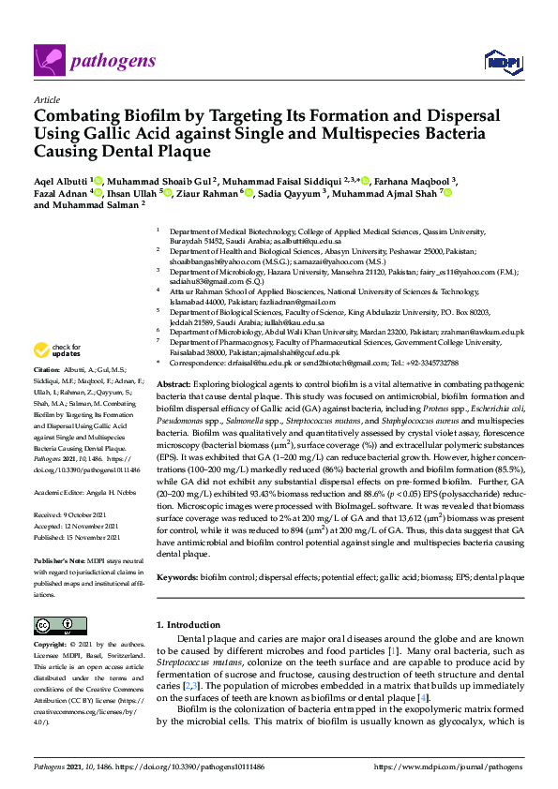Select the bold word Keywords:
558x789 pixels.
(178, 577)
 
